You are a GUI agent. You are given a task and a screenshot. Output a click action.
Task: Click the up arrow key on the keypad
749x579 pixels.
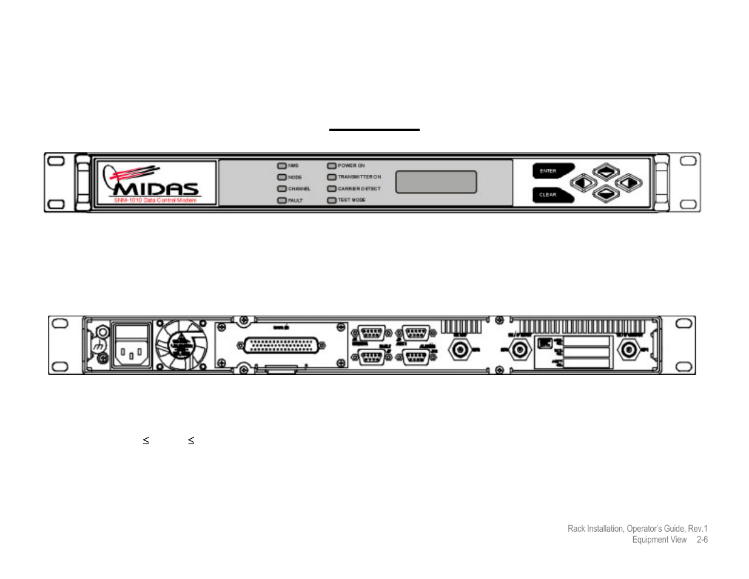[606, 171]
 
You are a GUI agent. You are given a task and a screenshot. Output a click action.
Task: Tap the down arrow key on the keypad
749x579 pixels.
[606, 194]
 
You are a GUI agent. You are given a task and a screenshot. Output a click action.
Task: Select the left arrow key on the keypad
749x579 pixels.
[583, 182]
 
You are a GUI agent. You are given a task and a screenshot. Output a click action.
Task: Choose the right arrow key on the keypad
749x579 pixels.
[628, 182]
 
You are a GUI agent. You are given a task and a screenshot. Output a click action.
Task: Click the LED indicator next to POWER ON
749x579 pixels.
[332, 166]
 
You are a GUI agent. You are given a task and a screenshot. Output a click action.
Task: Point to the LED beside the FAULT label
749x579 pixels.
[282, 200]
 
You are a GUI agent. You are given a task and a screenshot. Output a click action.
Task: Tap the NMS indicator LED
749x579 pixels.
[282, 166]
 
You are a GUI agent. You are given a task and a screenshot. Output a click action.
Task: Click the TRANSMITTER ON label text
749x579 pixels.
[359, 177]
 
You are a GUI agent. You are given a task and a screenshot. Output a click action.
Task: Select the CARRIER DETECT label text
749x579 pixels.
[359, 189]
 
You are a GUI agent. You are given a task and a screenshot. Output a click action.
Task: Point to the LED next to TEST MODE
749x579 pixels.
[332, 200]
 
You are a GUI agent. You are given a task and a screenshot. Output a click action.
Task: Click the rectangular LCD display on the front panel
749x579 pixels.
[436, 182]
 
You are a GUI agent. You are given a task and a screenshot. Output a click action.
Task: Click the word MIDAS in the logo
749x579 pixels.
[156, 189]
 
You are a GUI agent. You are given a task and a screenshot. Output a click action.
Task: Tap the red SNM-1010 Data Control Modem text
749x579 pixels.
[155, 200]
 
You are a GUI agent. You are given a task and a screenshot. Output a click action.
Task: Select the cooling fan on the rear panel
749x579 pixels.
[181, 345]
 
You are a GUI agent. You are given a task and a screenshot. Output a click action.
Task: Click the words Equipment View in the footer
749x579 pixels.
[659, 540]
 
